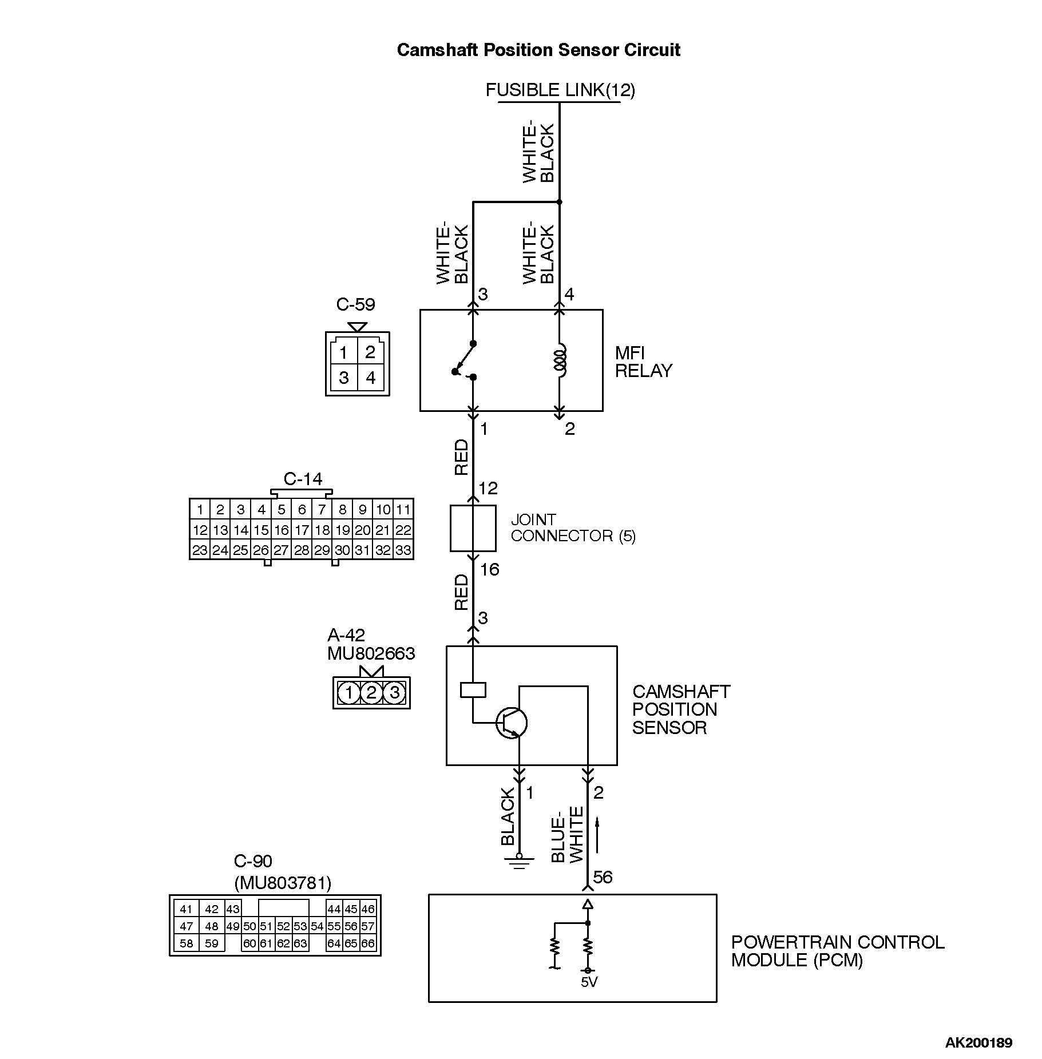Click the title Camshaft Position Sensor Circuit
pyautogui.click(x=538, y=50)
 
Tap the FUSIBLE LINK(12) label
pyautogui.click(x=560, y=90)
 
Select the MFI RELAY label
pyautogui.click(x=643, y=362)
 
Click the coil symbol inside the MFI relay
pyautogui.click(x=560, y=360)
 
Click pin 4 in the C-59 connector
pyautogui.click(x=371, y=378)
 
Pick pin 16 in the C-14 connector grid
pyautogui.click(x=281, y=530)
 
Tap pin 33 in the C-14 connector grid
pyautogui.click(x=403, y=550)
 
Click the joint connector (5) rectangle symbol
pyautogui.click(x=473, y=528)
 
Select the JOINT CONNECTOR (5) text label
pyautogui.click(x=573, y=527)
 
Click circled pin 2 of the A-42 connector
pyautogui.click(x=371, y=693)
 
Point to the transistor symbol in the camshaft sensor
pyautogui.click(x=512, y=723)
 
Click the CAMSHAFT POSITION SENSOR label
pyautogui.click(x=680, y=709)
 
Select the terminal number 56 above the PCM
pyautogui.click(x=603, y=877)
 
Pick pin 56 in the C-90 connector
pyautogui.click(x=351, y=926)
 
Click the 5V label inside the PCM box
pyautogui.click(x=589, y=982)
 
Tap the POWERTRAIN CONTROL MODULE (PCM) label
pyautogui.click(x=837, y=950)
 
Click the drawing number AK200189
pyautogui.click(x=978, y=1042)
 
